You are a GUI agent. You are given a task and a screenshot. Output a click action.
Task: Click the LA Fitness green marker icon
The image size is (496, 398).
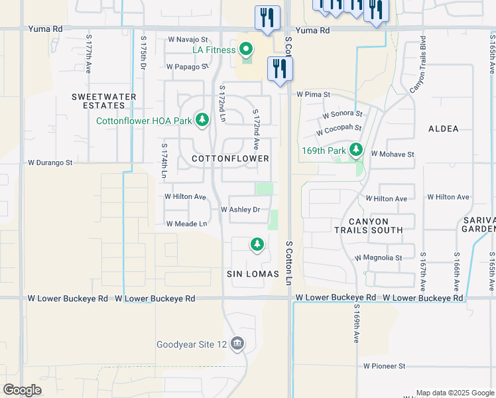tap(246, 49)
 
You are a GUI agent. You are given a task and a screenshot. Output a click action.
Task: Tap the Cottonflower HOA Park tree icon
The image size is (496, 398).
tap(202, 120)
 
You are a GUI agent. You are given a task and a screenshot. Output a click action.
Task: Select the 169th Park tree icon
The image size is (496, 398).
tap(357, 150)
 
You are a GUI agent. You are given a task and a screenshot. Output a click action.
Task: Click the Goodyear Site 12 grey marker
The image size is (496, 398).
tap(238, 344)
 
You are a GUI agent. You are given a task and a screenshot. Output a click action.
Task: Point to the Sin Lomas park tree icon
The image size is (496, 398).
tap(257, 245)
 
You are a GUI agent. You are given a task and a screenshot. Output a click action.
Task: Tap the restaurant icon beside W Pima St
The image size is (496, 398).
tap(279, 68)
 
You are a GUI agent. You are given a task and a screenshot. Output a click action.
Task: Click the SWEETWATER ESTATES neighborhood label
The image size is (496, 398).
tap(104, 101)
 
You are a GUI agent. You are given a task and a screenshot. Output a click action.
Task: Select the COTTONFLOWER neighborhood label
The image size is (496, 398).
tap(230, 159)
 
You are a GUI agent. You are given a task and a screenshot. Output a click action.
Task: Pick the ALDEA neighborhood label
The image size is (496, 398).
tap(444, 129)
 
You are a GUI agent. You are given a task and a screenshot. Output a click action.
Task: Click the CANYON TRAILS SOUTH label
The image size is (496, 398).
tap(376, 225)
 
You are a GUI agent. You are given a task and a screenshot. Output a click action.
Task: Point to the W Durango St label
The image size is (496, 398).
tap(50, 162)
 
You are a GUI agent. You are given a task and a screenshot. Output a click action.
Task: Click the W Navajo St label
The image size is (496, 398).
tap(188, 40)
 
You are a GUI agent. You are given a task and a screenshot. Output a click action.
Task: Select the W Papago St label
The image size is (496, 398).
tap(188, 67)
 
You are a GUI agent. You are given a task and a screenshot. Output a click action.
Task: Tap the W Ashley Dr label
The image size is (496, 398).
tap(240, 210)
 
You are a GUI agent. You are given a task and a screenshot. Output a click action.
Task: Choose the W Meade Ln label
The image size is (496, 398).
tap(186, 224)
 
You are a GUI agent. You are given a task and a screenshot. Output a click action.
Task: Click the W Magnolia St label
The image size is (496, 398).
tap(379, 257)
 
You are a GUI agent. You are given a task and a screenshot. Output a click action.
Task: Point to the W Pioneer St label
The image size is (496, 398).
tap(384, 365)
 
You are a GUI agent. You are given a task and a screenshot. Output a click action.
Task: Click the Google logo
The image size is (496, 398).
tap(23, 389)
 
